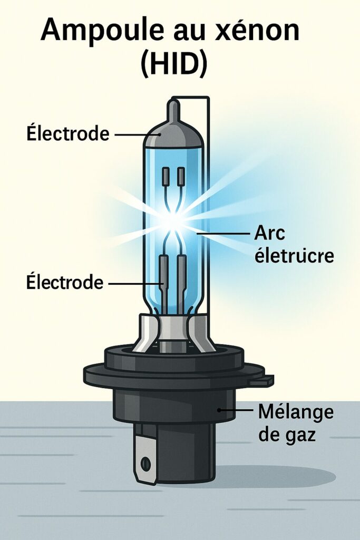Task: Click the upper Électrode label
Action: [67, 134]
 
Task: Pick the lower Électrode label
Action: [64, 283]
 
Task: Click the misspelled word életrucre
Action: [294, 256]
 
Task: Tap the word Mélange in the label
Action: [296, 412]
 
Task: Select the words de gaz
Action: [287, 436]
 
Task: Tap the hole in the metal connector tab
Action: [145, 464]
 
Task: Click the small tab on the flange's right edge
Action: [267, 379]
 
